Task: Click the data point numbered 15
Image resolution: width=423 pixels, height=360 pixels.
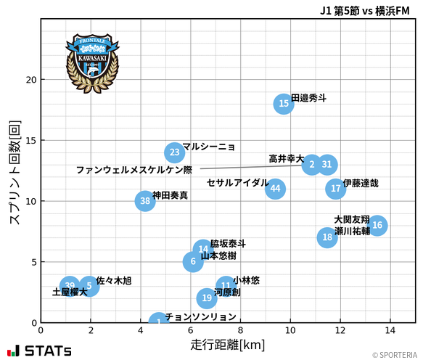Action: pyautogui.click(x=284, y=104)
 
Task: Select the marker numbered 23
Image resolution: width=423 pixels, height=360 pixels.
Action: pyautogui.click(x=174, y=152)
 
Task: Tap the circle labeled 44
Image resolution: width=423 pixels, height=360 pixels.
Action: pyautogui.click(x=274, y=189)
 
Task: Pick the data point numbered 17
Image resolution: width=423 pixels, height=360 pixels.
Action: pyautogui.click(x=335, y=189)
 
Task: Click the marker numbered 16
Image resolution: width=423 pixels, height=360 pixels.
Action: pyautogui.click(x=377, y=226)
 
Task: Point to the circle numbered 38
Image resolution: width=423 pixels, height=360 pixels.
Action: pyautogui.click(x=145, y=201)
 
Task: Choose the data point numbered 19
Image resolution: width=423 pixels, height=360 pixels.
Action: pyautogui.click(x=207, y=298)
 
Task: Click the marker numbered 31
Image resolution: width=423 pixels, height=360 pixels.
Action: pyautogui.click(x=327, y=165)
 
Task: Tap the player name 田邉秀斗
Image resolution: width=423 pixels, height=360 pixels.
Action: pyautogui.click(x=308, y=98)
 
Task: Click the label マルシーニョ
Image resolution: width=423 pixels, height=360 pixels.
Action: pyautogui.click(x=209, y=147)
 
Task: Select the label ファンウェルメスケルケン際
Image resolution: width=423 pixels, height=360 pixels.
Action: pyautogui.click(x=134, y=170)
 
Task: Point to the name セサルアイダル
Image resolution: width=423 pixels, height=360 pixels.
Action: pyautogui.click(x=237, y=183)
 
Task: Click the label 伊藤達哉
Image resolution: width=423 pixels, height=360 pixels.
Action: pyautogui.click(x=361, y=184)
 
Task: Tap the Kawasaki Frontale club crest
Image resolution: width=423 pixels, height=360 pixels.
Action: pyautogui.click(x=91, y=62)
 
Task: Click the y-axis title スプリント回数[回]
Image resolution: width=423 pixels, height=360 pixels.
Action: pyautogui.click(x=14, y=172)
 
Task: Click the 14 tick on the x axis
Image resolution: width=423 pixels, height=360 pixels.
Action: pyautogui.click(x=390, y=330)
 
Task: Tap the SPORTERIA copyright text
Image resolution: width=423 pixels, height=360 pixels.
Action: pyautogui.click(x=395, y=355)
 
